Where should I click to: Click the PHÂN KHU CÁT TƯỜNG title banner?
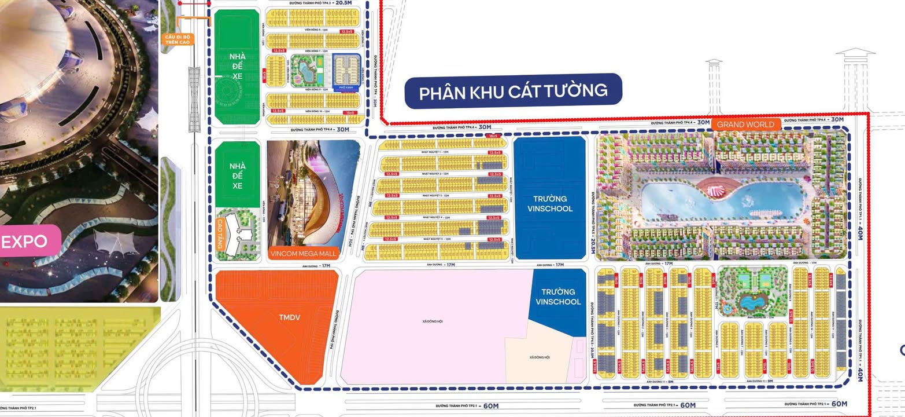(513, 92)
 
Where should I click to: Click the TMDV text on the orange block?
(290, 317)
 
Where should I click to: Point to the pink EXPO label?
(24, 242)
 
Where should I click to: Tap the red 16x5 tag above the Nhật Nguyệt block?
(493, 136)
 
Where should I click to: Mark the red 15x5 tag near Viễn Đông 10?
(349, 113)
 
